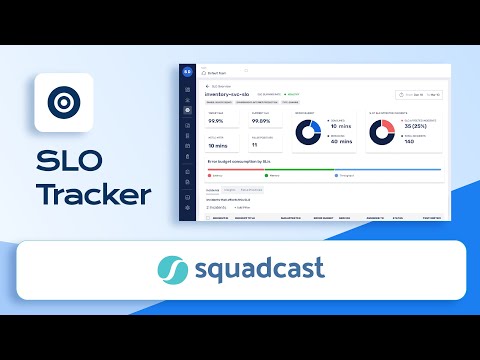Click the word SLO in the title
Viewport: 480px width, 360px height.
click(68, 162)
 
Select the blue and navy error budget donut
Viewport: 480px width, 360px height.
click(308, 132)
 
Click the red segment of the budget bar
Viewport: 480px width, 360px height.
click(240, 169)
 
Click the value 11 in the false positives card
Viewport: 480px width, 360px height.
click(254, 145)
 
